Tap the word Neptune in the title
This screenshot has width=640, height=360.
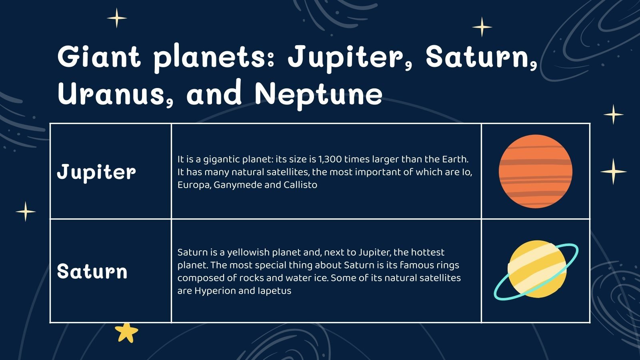click(x=318, y=94)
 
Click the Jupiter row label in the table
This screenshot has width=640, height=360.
click(x=96, y=172)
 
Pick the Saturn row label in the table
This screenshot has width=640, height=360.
click(x=92, y=272)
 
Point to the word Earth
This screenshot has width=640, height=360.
click(x=454, y=159)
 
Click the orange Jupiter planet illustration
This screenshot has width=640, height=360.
click(x=535, y=171)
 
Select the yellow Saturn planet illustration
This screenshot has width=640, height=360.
click(x=537, y=269)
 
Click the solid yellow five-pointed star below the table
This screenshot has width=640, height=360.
click(x=126, y=332)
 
